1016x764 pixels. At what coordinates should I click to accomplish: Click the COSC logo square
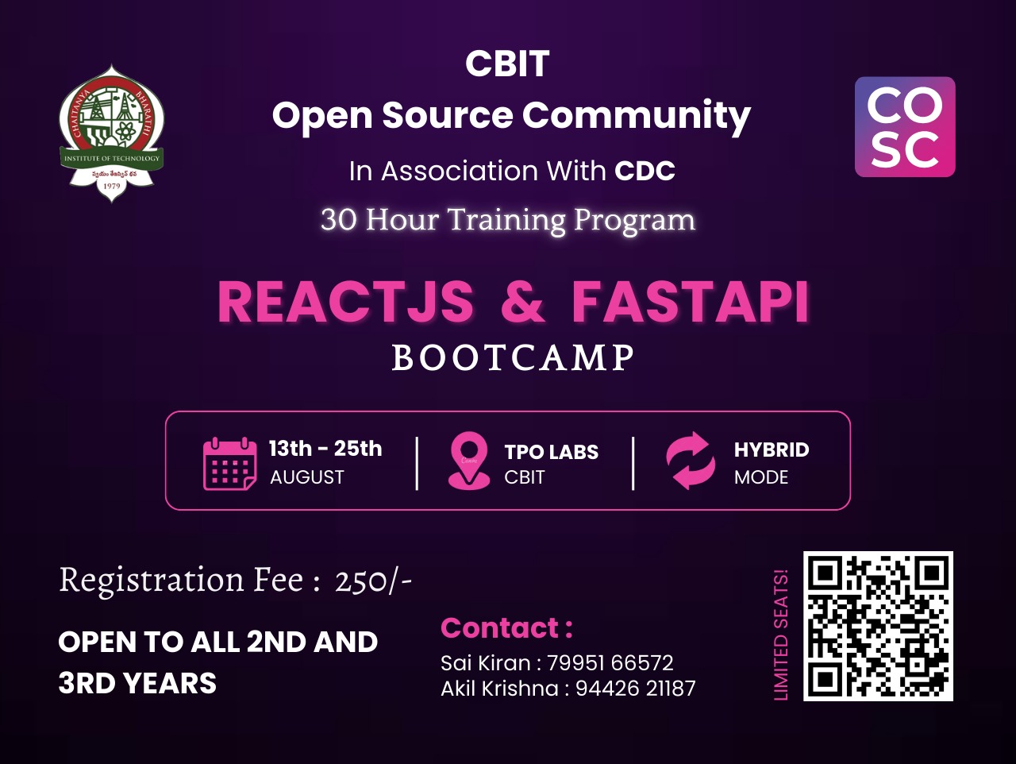coord(905,127)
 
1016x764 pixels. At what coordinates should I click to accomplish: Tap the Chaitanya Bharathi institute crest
coord(112,133)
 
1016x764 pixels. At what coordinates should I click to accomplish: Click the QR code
coord(878,626)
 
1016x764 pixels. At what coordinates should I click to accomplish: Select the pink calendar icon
coord(229,463)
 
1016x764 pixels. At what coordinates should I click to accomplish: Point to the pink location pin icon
coord(469,461)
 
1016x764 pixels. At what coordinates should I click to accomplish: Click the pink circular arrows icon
coord(691,461)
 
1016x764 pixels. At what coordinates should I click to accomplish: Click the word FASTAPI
coord(690,303)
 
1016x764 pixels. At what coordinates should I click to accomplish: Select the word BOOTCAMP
coord(514,358)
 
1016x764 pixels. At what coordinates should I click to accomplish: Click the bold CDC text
coord(645,171)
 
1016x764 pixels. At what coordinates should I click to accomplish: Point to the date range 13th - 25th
coord(325,448)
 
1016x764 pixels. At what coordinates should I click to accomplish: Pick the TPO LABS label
coord(552,453)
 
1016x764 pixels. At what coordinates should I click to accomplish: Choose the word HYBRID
coord(772,450)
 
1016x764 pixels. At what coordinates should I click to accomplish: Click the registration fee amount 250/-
coord(373,581)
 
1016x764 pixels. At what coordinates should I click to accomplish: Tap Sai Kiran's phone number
coord(610,663)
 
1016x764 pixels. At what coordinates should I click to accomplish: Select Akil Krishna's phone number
coord(636,689)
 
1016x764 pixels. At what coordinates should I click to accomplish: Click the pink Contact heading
coord(507,628)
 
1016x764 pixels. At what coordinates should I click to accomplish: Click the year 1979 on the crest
coord(112,186)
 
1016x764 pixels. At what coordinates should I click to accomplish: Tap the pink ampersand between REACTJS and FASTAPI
coord(522,303)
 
